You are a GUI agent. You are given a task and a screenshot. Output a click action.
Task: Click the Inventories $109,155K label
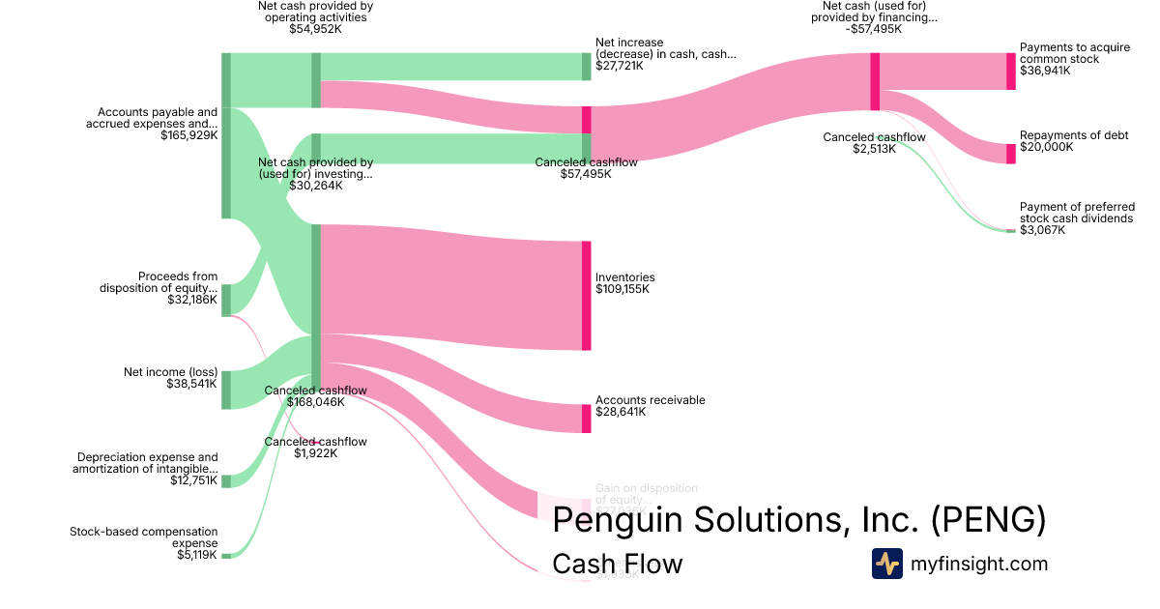pos(624,283)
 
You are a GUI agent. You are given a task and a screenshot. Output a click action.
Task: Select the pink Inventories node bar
pos(586,295)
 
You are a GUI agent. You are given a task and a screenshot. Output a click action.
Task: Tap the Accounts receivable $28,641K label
pos(650,406)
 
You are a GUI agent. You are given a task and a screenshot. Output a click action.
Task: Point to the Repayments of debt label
pos(1074,141)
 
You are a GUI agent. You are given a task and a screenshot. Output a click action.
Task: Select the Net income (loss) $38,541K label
pos(170,377)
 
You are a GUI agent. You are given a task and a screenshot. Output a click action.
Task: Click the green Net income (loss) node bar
pos(226,390)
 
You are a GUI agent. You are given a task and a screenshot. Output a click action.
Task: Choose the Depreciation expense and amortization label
pos(145,469)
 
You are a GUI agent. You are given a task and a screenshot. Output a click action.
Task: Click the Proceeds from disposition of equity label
pos(159,288)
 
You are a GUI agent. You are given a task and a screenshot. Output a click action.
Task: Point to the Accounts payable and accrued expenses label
pos(152,124)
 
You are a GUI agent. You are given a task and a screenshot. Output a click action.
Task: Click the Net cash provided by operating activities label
pos(315,17)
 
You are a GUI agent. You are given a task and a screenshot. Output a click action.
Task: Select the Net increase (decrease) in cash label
pos(665,54)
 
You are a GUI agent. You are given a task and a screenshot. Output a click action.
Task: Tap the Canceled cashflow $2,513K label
pos(874,143)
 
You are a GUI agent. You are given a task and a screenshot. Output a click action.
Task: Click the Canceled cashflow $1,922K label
pos(315,448)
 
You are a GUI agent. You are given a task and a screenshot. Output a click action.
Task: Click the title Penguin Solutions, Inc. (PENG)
pos(798,520)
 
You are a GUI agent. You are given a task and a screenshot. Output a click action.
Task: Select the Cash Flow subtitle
pos(617,564)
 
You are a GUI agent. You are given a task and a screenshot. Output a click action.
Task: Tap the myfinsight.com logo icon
pos(886,564)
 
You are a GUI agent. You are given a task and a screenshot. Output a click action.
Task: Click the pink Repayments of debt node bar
pos(1011,153)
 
